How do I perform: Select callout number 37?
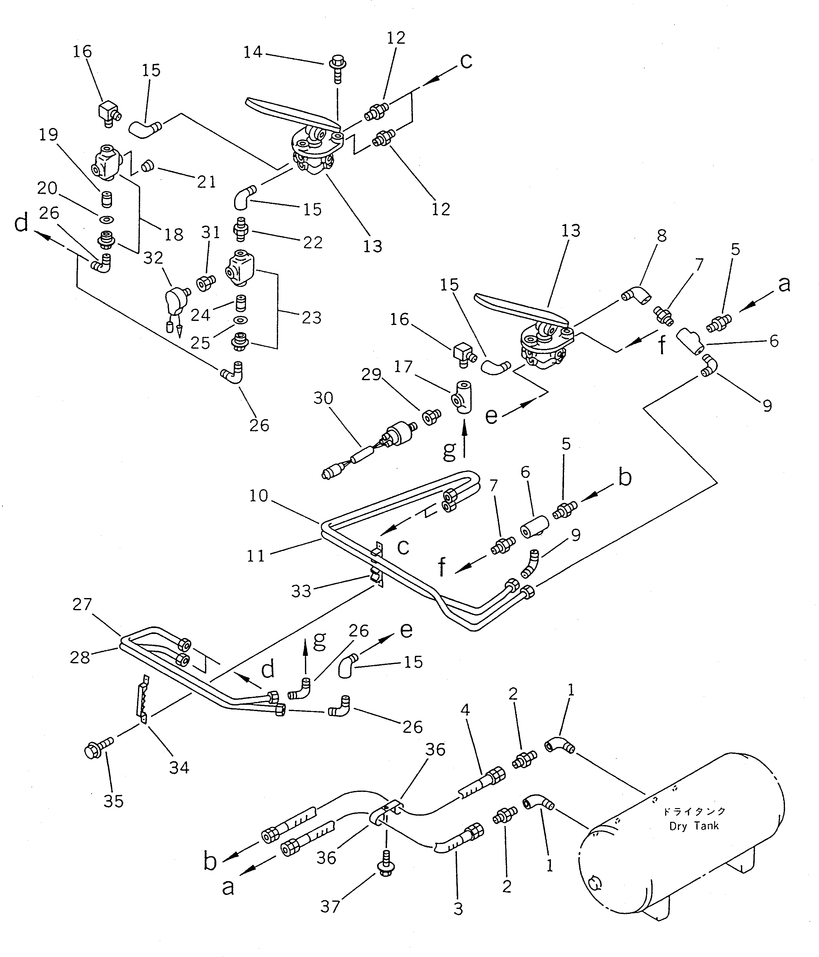(x=330, y=907)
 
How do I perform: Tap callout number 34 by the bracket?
(x=179, y=767)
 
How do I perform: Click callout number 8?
(x=661, y=236)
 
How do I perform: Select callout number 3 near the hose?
(x=458, y=909)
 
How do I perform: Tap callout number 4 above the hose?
(x=465, y=709)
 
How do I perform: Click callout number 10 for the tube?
(x=259, y=496)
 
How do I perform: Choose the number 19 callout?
(x=48, y=135)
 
